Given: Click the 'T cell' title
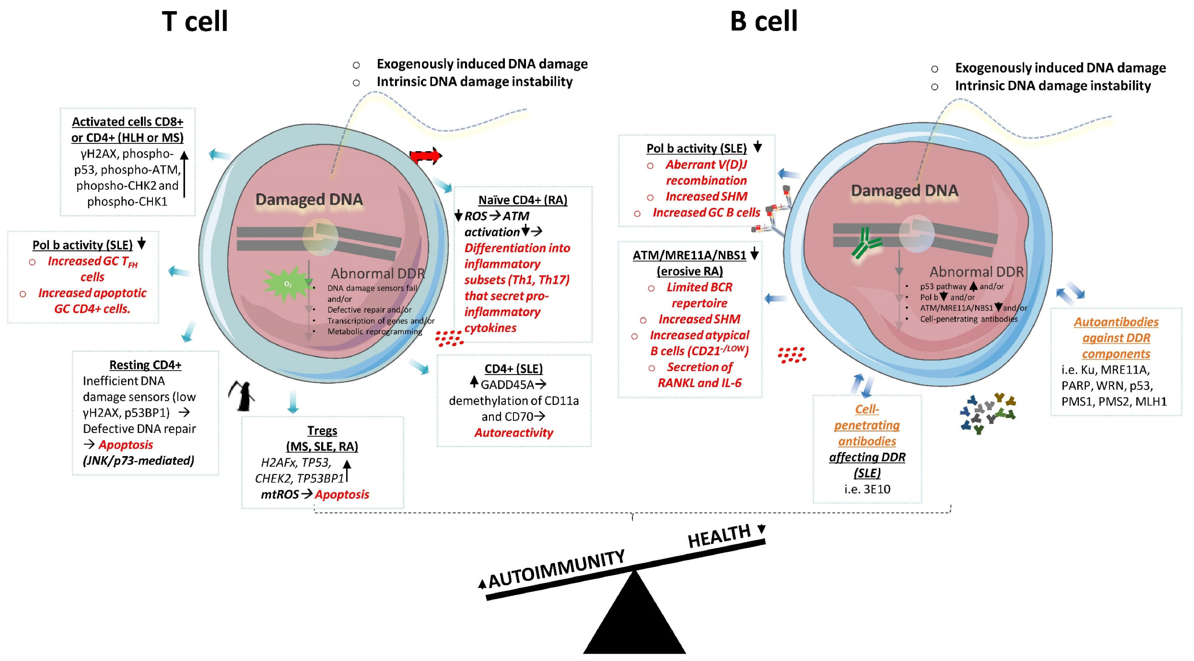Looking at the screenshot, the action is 194,21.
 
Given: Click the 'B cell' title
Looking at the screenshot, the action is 764,21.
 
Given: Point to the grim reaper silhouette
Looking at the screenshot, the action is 241,396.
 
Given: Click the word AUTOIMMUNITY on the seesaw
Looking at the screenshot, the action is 556,568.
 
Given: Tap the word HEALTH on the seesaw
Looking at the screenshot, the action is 720,536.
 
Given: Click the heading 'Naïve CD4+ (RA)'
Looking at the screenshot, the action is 523,200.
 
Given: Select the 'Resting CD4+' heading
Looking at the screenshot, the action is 145,365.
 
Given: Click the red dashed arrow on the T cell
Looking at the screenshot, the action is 425,156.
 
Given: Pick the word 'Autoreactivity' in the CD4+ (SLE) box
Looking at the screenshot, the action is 513,433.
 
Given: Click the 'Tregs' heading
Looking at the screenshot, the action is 322,431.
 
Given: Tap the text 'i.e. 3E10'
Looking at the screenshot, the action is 867,489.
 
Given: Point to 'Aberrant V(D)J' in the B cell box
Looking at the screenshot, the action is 706,165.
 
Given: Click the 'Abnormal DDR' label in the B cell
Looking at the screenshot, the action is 976,271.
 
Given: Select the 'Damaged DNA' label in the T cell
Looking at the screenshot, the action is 309,199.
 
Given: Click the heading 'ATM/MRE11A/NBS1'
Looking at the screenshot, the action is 689,256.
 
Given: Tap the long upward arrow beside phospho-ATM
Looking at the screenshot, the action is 184,174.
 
